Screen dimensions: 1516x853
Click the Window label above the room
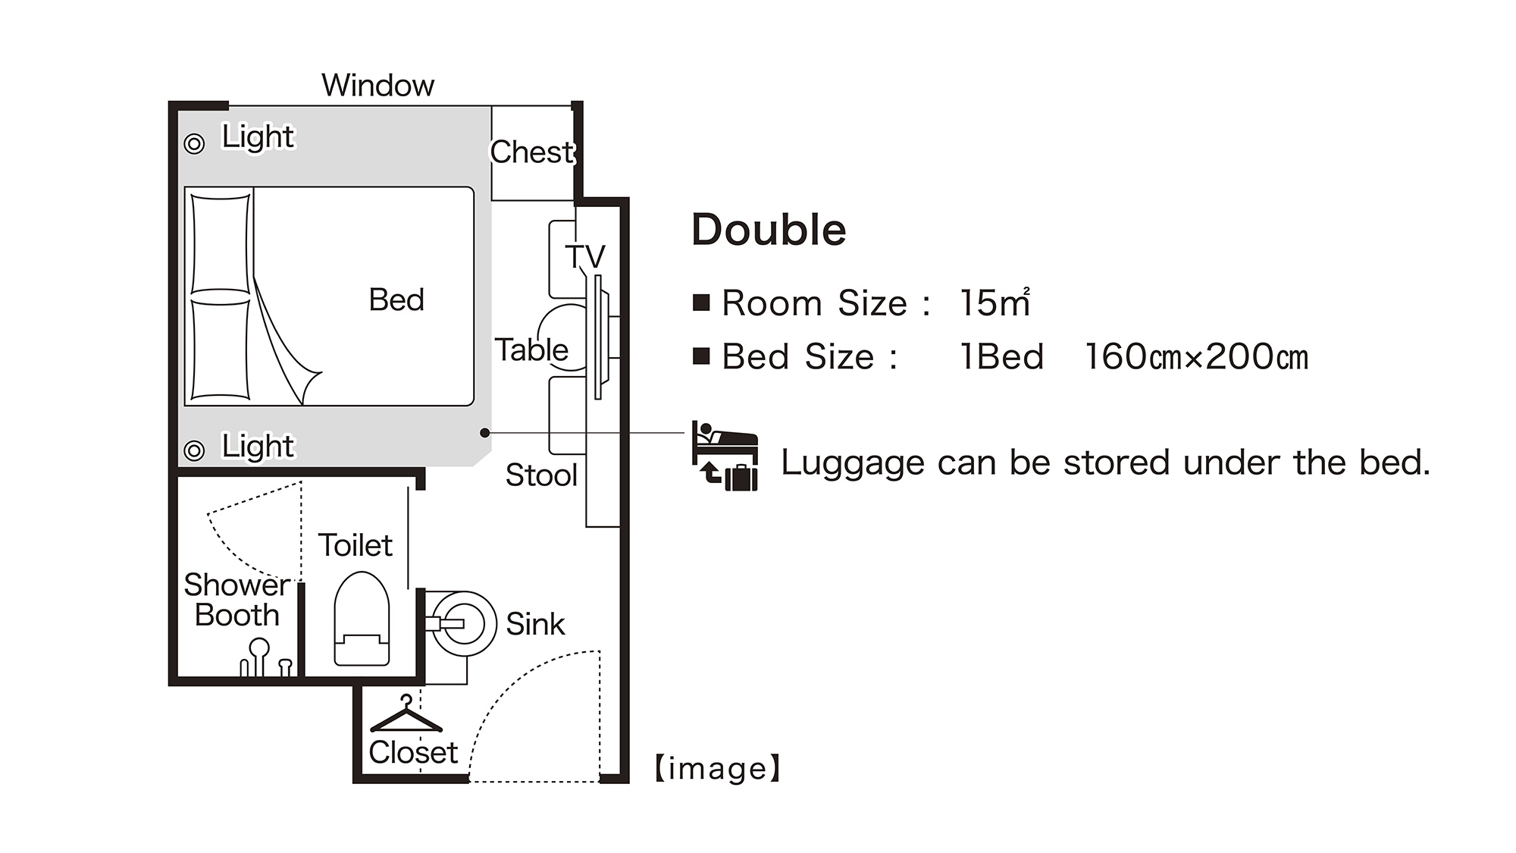tap(377, 85)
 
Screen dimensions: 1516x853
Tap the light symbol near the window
tap(195, 143)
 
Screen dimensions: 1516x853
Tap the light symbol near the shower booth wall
tap(195, 450)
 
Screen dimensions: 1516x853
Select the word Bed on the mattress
tap(396, 299)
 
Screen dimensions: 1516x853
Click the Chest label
tap(532, 152)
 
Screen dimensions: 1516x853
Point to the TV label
tap(585, 256)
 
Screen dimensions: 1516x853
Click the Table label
tap(531, 350)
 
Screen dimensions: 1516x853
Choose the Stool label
tap(541, 475)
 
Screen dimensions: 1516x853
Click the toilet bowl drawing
tap(362, 619)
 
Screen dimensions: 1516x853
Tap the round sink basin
tap(460, 624)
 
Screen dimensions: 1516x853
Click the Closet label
tap(413, 752)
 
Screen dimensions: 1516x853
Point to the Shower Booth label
tap(236, 600)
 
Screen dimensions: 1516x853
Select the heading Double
tap(769, 230)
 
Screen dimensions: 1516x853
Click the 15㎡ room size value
tap(994, 303)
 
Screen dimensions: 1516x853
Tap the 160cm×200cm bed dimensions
tap(1196, 356)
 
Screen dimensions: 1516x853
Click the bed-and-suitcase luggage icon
tap(725, 456)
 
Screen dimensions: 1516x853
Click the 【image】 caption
tap(717, 769)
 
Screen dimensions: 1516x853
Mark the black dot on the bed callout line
tap(484, 433)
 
